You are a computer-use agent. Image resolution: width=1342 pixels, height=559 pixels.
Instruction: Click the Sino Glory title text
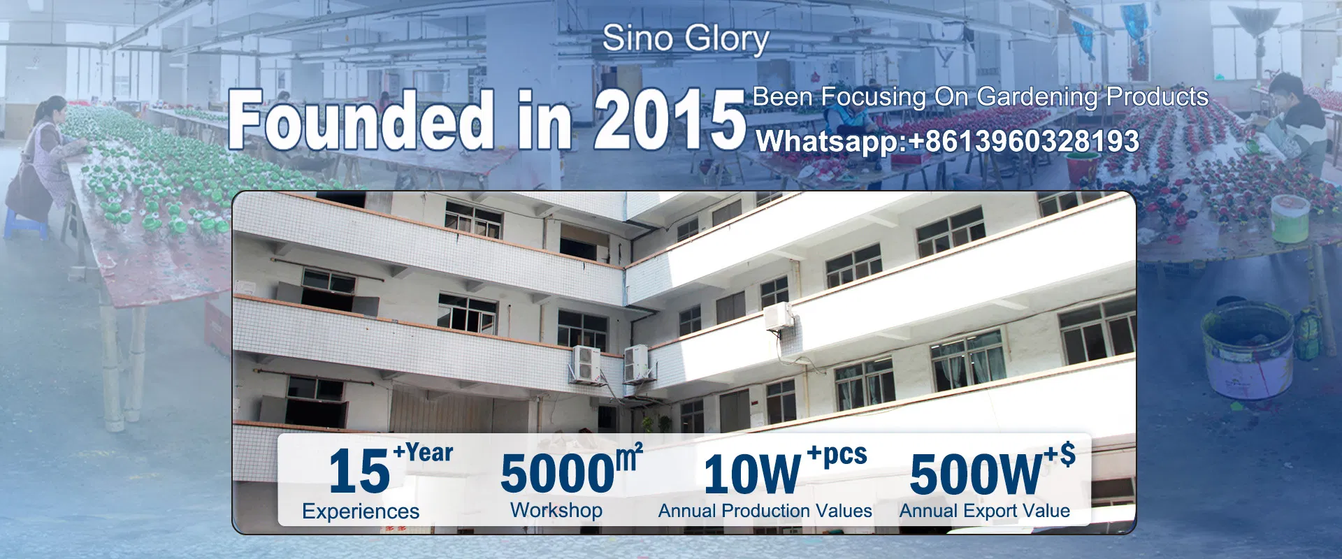(685, 39)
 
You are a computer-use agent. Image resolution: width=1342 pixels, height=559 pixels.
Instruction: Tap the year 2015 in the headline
(670, 120)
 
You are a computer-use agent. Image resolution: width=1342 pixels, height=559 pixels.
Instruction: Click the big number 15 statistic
(359, 472)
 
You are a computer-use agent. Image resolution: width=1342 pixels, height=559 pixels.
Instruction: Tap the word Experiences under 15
(361, 511)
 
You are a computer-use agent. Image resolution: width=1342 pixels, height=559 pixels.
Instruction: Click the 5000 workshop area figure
(557, 474)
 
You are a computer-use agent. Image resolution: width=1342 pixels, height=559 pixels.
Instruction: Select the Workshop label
(556, 510)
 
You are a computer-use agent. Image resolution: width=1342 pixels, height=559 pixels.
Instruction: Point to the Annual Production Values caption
(765, 511)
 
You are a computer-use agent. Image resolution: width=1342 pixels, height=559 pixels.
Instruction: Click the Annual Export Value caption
(984, 511)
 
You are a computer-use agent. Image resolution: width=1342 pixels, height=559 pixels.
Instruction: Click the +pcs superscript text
(837, 455)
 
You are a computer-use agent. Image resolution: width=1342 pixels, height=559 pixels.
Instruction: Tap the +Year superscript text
(423, 453)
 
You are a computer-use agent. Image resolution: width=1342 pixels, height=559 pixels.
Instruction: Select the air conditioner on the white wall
(779, 316)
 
